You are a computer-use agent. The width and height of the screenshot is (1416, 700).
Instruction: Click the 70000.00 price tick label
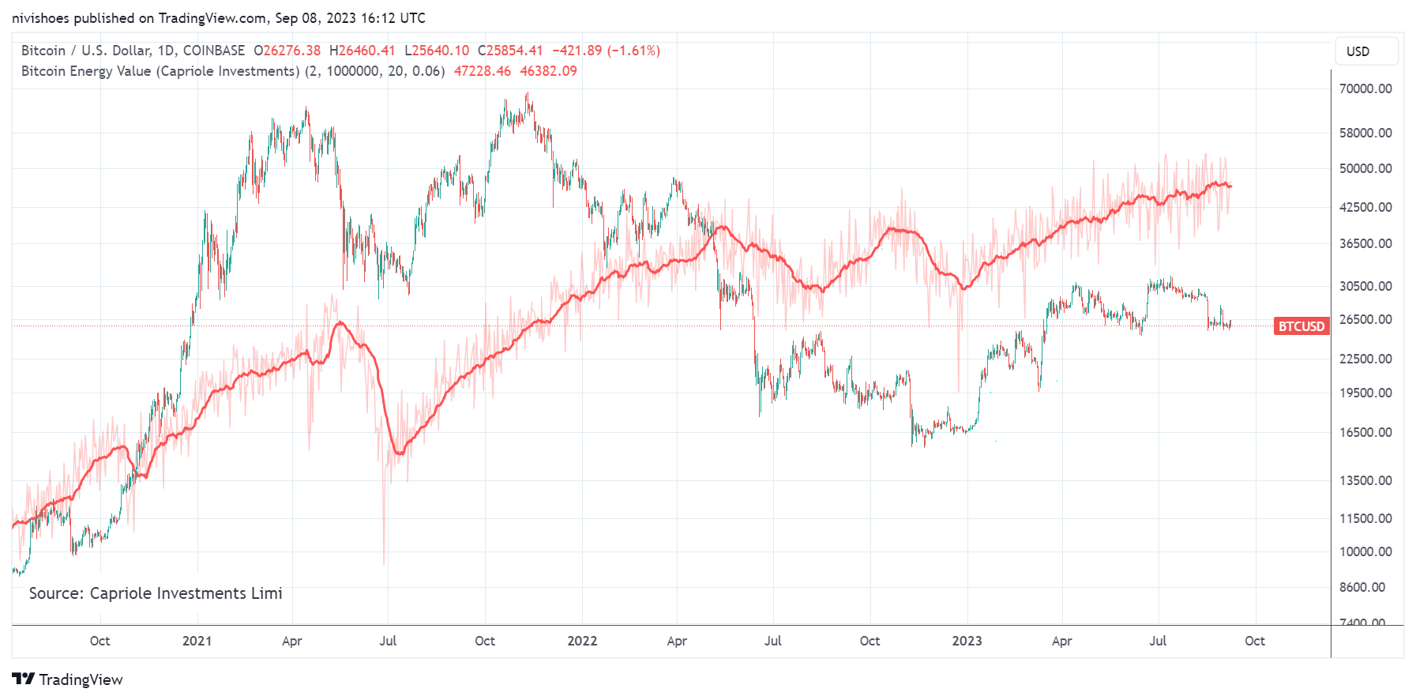tap(1365, 88)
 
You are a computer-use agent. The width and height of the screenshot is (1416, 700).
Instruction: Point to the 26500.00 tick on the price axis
tap(1365, 319)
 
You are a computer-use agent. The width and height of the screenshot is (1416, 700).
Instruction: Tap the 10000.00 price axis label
tap(1365, 551)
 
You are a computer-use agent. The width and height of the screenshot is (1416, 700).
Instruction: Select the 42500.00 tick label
tap(1365, 207)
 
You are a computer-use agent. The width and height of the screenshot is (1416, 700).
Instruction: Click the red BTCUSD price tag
tap(1301, 326)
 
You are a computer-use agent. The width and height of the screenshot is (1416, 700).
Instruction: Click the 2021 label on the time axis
tap(197, 641)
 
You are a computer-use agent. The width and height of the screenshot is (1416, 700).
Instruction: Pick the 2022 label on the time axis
tap(582, 641)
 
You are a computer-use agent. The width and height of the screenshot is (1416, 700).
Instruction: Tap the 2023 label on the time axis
tap(967, 641)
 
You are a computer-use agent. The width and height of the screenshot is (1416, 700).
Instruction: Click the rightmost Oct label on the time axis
tap(1254, 641)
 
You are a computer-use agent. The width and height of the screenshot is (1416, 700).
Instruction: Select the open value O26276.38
tap(287, 51)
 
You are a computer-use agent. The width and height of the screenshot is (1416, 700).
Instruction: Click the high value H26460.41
tap(362, 51)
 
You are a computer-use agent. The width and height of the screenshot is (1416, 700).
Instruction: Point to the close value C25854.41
tap(510, 51)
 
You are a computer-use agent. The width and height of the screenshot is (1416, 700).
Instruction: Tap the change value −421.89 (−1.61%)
tap(606, 51)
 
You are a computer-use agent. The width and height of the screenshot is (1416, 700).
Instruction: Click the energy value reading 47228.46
tap(482, 71)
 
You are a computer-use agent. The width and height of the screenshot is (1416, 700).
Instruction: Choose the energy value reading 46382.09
tap(548, 71)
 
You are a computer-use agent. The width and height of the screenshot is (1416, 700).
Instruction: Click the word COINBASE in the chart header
tap(214, 51)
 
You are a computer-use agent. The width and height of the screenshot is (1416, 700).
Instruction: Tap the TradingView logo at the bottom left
tap(68, 679)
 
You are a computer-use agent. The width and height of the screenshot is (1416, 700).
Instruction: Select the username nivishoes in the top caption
tap(40, 18)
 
